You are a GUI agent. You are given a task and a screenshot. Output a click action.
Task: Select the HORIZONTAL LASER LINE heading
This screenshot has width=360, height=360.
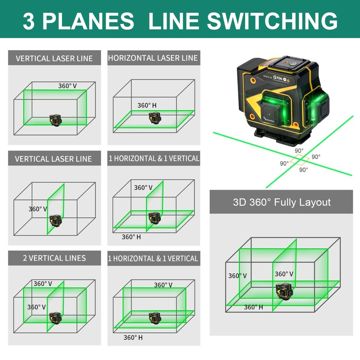(153, 58)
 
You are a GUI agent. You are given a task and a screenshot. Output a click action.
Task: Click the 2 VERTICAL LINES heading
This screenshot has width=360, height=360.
(54, 258)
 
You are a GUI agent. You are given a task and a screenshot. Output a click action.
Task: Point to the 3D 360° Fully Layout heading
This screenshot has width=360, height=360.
(282, 202)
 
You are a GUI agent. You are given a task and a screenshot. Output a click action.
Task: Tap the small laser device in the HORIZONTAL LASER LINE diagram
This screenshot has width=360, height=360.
(153, 117)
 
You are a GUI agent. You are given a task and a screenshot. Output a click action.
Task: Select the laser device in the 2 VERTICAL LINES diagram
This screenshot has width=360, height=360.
(55, 318)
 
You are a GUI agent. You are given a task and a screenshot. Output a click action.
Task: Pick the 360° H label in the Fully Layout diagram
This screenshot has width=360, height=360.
(253, 307)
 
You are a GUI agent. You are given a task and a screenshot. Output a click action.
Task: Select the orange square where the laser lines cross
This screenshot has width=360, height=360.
(299, 160)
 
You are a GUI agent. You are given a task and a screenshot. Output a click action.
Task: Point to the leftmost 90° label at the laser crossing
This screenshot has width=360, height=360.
(284, 163)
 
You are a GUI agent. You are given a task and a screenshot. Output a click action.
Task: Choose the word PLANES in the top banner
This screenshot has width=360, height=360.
(88, 21)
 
